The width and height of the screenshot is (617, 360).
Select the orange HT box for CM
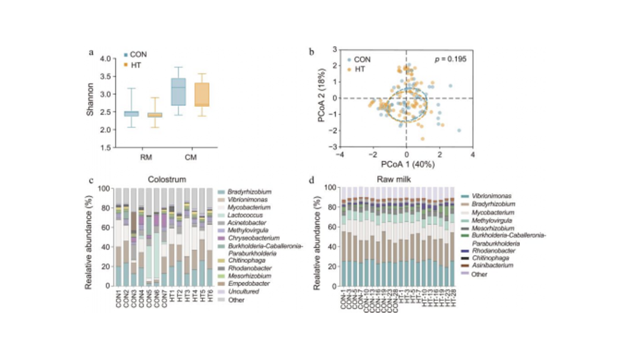coord(202,94)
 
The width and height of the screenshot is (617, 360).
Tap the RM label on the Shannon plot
coord(145,157)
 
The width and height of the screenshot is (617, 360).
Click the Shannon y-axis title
coord(91,103)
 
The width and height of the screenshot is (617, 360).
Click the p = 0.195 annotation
coord(451,59)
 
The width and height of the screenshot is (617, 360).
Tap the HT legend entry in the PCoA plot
coord(360,69)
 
